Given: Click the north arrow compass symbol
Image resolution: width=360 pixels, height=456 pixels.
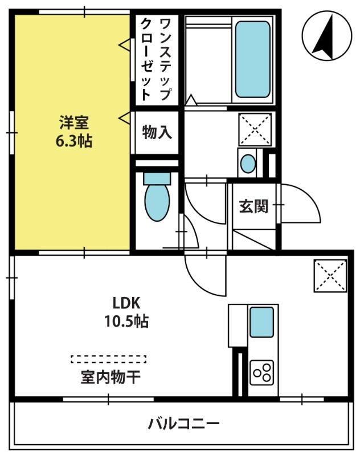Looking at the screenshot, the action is (x=327, y=35).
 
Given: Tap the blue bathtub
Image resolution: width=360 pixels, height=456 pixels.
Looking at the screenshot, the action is (x=252, y=59).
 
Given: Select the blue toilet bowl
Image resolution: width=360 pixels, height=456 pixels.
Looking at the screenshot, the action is (x=157, y=197).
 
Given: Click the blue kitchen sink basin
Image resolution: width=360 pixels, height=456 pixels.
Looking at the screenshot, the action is (x=261, y=322).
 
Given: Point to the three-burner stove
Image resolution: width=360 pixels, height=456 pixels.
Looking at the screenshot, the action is (x=262, y=373).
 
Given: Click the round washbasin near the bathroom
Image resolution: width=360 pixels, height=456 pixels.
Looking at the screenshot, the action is (x=248, y=163).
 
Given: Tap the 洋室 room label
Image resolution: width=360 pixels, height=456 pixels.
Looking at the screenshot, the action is (x=74, y=122).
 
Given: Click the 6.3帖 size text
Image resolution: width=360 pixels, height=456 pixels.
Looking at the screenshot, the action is (x=74, y=141).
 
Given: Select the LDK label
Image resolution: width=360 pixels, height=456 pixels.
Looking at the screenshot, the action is (x=126, y=303).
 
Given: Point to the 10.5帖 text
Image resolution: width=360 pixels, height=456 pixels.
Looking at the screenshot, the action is (x=126, y=321).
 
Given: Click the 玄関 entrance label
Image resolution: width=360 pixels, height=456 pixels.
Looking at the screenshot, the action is (x=253, y=206).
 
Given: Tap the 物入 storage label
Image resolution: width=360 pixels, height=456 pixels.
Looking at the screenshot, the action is (x=157, y=132).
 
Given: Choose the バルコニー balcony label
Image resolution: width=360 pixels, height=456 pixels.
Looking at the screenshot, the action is (x=183, y=424).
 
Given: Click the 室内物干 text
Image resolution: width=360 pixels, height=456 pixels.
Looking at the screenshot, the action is (x=111, y=377).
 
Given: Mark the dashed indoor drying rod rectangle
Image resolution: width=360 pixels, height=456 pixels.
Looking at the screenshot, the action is (x=108, y=359).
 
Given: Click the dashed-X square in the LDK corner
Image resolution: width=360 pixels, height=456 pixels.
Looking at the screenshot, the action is (x=330, y=276).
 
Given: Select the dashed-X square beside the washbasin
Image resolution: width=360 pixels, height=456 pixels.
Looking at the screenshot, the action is (x=255, y=129).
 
